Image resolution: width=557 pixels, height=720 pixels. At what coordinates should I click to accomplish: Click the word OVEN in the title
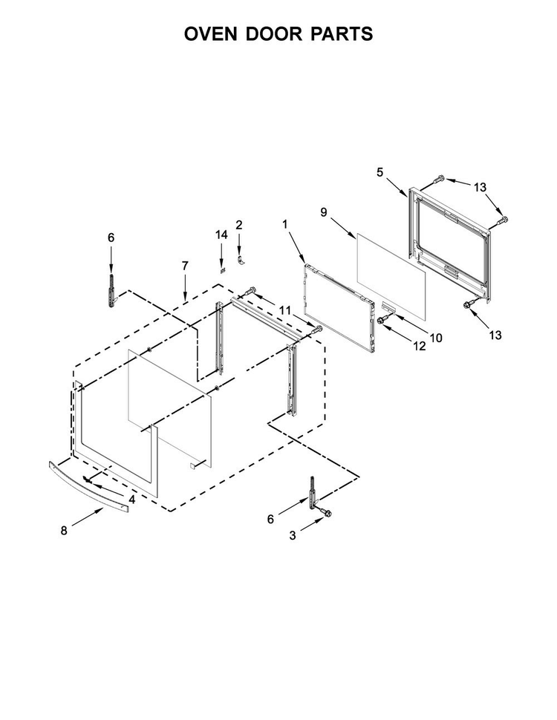[211, 34]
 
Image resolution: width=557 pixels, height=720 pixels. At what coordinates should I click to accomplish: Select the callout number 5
[380, 172]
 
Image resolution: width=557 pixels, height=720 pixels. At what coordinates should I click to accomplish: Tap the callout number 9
[324, 212]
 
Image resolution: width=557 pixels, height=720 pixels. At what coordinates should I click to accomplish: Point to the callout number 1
[285, 224]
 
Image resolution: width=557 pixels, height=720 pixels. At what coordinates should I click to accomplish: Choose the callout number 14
[221, 235]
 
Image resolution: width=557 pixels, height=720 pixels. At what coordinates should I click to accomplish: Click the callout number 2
[239, 225]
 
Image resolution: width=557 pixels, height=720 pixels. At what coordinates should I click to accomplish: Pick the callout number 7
[185, 266]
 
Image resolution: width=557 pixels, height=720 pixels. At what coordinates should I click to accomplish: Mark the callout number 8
[63, 531]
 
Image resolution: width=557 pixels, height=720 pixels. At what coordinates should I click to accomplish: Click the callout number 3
[293, 535]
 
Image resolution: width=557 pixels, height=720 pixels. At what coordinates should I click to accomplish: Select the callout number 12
[420, 346]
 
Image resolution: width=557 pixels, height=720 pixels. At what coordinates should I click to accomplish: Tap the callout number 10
[436, 338]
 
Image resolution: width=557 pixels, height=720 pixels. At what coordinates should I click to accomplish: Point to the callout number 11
[285, 311]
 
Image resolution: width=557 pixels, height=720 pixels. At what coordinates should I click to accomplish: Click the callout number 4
[132, 500]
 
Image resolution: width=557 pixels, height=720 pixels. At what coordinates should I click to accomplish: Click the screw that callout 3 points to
[328, 513]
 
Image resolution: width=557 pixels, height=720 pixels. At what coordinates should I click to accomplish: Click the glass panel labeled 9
[391, 276]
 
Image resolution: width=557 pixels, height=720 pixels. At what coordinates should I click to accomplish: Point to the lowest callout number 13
[495, 336]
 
